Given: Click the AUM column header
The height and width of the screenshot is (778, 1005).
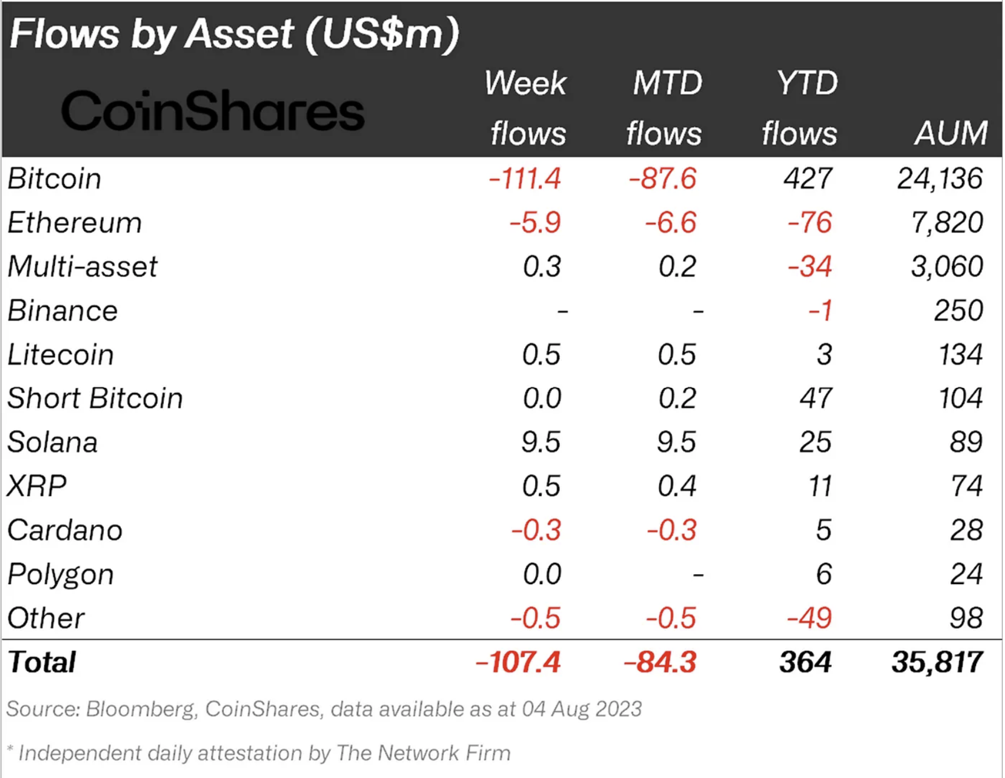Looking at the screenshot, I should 950,133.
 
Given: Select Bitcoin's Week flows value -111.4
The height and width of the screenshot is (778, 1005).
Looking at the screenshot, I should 525,179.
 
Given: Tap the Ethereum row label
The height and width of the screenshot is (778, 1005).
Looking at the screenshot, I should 75,223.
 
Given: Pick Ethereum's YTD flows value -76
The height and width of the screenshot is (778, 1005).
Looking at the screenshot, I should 810,223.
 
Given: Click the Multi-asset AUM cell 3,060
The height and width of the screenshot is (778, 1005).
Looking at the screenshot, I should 947,266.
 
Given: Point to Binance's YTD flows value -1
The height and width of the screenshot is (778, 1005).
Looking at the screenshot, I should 821,311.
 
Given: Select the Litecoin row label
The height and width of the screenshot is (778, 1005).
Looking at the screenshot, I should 61,355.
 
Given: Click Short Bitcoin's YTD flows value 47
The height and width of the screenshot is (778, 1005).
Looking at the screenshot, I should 816,398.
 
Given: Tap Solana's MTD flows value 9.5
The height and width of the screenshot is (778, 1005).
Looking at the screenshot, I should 677,442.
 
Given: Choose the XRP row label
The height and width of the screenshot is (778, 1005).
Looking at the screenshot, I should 37,486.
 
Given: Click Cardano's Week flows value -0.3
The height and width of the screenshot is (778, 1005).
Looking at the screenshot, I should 536,530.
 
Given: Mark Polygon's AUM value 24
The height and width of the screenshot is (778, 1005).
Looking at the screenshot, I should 966,574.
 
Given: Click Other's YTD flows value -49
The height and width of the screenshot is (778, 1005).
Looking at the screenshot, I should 809,618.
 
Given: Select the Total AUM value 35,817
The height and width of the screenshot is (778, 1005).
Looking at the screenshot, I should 937,662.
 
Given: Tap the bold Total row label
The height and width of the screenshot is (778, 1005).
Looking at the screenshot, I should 42,662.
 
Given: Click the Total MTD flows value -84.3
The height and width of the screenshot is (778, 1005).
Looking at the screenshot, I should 660,662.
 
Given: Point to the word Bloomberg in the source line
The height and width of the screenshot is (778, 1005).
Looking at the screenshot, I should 140,709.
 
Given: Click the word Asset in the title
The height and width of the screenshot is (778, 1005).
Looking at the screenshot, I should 239,34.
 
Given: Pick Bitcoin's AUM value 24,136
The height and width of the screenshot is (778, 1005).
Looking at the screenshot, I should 940,179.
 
